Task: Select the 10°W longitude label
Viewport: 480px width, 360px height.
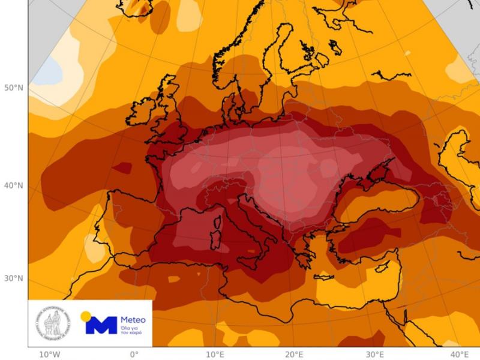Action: click(50, 354)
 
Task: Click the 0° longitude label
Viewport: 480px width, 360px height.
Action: click(134, 354)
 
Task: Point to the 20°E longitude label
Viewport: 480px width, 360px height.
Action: click(295, 354)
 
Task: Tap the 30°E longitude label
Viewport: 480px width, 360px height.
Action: click(375, 354)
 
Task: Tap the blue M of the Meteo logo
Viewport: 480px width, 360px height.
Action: click(101, 325)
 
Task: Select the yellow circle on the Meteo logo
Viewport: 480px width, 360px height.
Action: click(86, 316)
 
